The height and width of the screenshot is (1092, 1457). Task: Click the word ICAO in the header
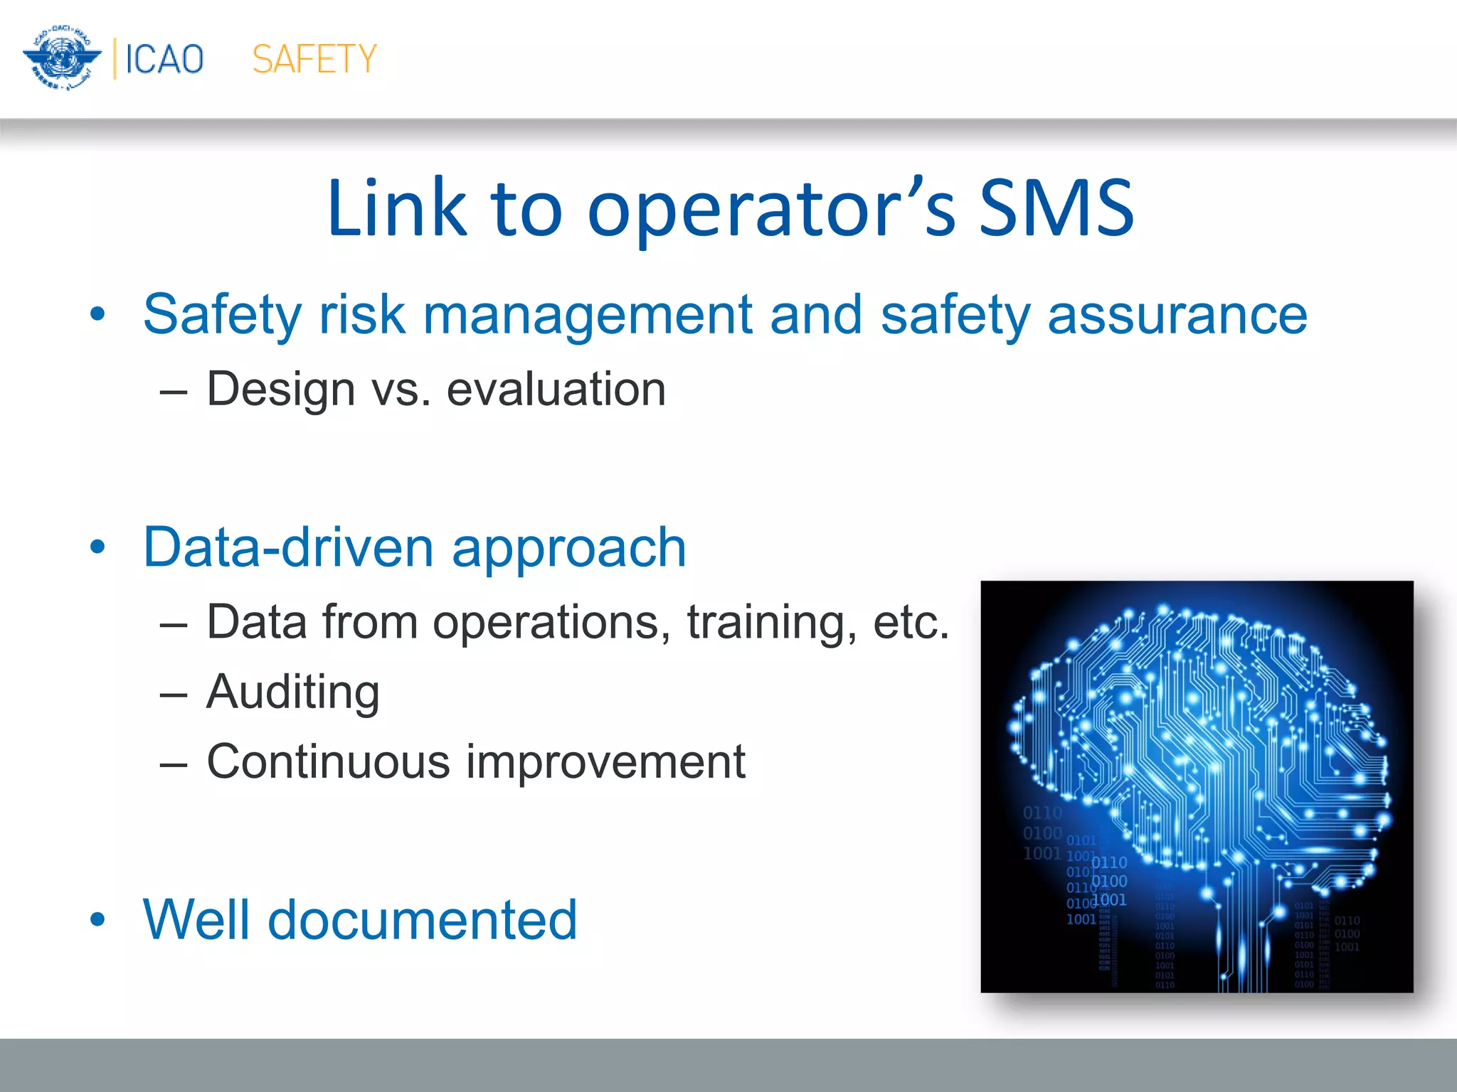164,59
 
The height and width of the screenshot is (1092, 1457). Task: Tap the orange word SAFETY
314,59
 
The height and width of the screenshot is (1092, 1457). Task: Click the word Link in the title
396,208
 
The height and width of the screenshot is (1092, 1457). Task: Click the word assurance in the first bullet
1177,315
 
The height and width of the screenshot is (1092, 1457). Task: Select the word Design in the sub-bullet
281,390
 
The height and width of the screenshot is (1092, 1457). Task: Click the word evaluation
556,390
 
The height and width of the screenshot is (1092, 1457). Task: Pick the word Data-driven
287,547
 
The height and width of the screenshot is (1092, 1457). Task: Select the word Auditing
292,693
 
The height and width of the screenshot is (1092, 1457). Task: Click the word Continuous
328,761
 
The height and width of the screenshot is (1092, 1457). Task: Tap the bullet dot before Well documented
97,920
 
